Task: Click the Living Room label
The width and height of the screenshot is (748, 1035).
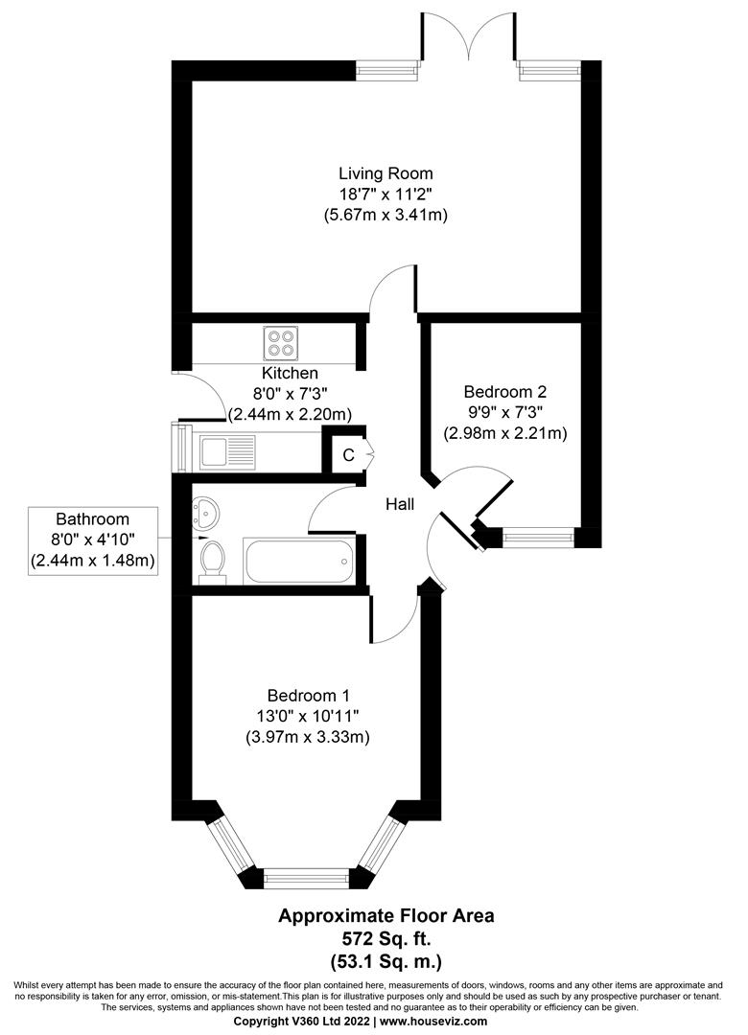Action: pyautogui.click(x=386, y=173)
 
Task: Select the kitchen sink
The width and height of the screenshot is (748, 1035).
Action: pyautogui.click(x=216, y=450)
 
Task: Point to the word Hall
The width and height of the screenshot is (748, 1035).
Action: pyautogui.click(x=400, y=503)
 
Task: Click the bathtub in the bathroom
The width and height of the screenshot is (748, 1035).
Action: pyautogui.click(x=298, y=561)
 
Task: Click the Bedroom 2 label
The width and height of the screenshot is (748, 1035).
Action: pyautogui.click(x=504, y=391)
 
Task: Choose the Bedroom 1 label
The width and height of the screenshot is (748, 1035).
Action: pyautogui.click(x=308, y=695)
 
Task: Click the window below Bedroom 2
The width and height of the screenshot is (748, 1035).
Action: pyautogui.click(x=538, y=537)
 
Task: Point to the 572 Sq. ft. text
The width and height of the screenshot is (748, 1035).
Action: pyautogui.click(x=386, y=938)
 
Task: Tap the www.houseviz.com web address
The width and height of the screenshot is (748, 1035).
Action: pyautogui.click(x=438, y=1022)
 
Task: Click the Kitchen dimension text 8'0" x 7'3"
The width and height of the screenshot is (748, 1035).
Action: pyautogui.click(x=290, y=393)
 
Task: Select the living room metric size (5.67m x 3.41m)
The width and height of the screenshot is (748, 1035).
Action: pyautogui.click(x=386, y=216)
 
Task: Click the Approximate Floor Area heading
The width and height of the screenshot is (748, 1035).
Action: pyautogui.click(x=386, y=916)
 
